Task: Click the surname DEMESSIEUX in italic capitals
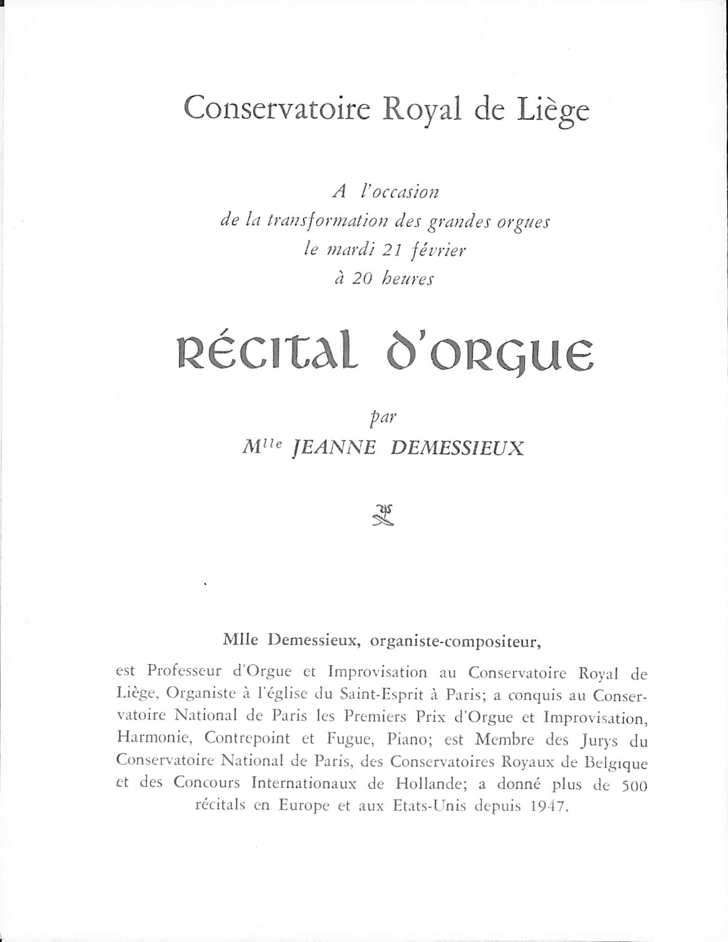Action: click(457, 448)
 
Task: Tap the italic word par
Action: click(383, 419)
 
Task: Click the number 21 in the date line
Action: click(392, 250)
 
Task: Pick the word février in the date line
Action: click(438, 250)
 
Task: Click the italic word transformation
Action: click(327, 221)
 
